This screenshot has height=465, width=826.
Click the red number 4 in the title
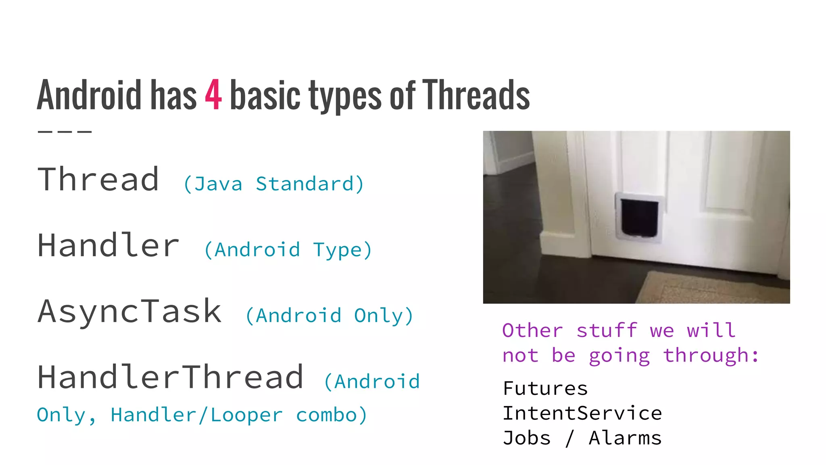pyautogui.click(x=213, y=95)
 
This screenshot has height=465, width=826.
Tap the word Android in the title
pyautogui.click(x=89, y=95)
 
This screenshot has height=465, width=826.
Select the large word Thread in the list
pyautogui.click(x=98, y=180)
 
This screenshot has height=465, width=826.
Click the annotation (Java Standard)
pyautogui.click(x=274, y=184)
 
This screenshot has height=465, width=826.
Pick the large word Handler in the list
pyautogui.click(x=108, y=245)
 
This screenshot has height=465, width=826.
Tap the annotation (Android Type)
pyautogui.click(x=288, y=250)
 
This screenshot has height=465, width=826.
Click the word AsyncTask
pyautogui.click(x=129, y=312)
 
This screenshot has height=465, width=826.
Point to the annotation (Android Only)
pyautogui.click(x=329, y=316)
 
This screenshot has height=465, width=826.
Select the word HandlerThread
pyautogui.click(x=170, y=377)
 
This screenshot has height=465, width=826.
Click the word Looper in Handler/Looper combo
pyautogui.click(x=246, y=415)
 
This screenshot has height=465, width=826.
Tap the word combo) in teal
pyautogui.click(x=332, y=415)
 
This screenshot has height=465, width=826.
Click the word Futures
pyautogui.click(x=545, y=389)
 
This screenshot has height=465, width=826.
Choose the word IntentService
pyautogui.click(x=582, y=413)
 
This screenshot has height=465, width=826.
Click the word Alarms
pyautogui.click(x=625, y=438)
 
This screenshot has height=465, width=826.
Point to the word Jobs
pyautogui.click(x=526, y=438)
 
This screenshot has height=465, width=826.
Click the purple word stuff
pyautogui.click(x=607, y=331)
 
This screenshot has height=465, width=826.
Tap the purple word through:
pyautogui.click(x=711, y=356)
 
